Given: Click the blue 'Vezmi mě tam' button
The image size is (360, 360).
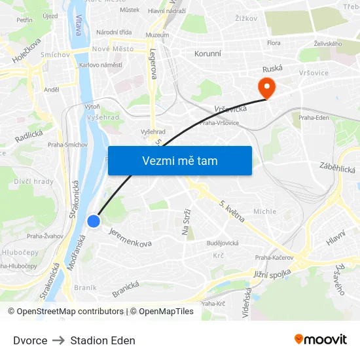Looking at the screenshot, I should [x=179, y=160].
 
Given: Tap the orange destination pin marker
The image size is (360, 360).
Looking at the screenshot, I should [x=267, y=87].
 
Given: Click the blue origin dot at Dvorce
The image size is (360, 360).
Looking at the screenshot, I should [x=94, y=221].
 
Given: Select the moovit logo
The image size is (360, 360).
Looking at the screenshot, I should [x=320, y=340].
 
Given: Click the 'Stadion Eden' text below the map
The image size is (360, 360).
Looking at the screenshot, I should [x=103, y=340].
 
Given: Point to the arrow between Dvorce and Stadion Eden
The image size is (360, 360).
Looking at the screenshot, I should [x=59, y=340].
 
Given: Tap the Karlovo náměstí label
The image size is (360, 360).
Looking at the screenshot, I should [x=101, y=65].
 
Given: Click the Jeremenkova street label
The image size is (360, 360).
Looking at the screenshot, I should [x=130, y=237].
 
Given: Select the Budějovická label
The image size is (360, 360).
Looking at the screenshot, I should [x=222, y=243].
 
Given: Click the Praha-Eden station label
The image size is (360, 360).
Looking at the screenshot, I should [x=314, y=118].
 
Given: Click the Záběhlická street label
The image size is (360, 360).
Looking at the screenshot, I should [x=337, y=168].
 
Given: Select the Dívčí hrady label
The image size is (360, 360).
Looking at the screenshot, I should [x=34, y=181].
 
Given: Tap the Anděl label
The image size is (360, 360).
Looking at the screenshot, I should [x=52, y=90].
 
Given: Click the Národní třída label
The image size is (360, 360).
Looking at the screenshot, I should [x=114, y=32].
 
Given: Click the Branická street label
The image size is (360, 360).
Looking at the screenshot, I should [x=126, y=289].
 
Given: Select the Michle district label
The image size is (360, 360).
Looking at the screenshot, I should [x=264, y=211].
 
